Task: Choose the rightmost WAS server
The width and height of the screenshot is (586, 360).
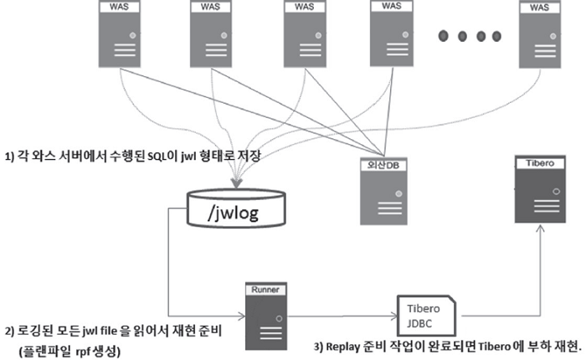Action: click(x=539, y=34)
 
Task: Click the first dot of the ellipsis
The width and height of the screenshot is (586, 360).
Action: click(x=445, y=36)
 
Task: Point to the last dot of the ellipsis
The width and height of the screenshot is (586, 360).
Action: click(x=496, y=36)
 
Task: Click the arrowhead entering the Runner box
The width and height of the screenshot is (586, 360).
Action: click(x=241, y=316)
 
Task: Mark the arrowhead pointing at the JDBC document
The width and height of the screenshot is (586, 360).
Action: click(x=393, y=316)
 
